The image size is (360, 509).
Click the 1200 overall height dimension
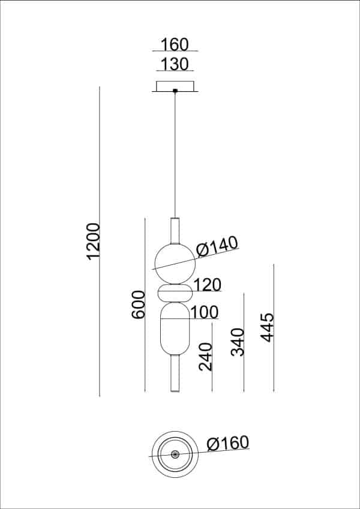[x=92, y=241]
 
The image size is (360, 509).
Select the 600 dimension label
[x=138, y=305]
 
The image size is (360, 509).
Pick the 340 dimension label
[x=238, y=342]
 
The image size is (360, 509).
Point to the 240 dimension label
[x=205, y=357]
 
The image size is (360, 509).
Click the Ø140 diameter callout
[x=217, y=246]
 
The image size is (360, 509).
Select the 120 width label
[x=208, y=285]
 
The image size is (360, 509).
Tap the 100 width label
[x=204, y=312]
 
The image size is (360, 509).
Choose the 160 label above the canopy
[x=175, y=44]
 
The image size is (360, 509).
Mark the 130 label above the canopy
[x=175, y=64]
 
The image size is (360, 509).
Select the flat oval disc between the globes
[x=175, y=294]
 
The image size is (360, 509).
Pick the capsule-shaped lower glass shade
[x=175, y=330]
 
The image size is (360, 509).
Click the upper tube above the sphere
[x=175, y=230]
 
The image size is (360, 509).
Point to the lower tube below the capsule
[x=175, y=373]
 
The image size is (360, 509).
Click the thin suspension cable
[x=175, y=156]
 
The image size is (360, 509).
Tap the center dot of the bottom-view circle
[x=175, y=454]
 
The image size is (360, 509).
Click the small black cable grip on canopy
[x=175, y=91]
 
